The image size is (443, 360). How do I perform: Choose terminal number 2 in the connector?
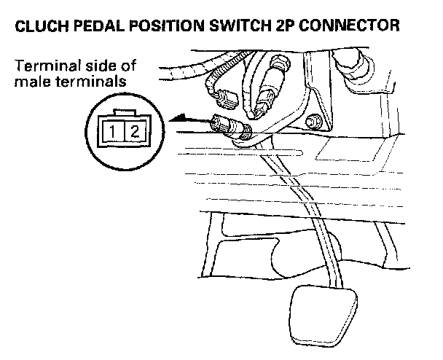(133, 132)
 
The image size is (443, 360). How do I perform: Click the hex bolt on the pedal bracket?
(313, 122)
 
